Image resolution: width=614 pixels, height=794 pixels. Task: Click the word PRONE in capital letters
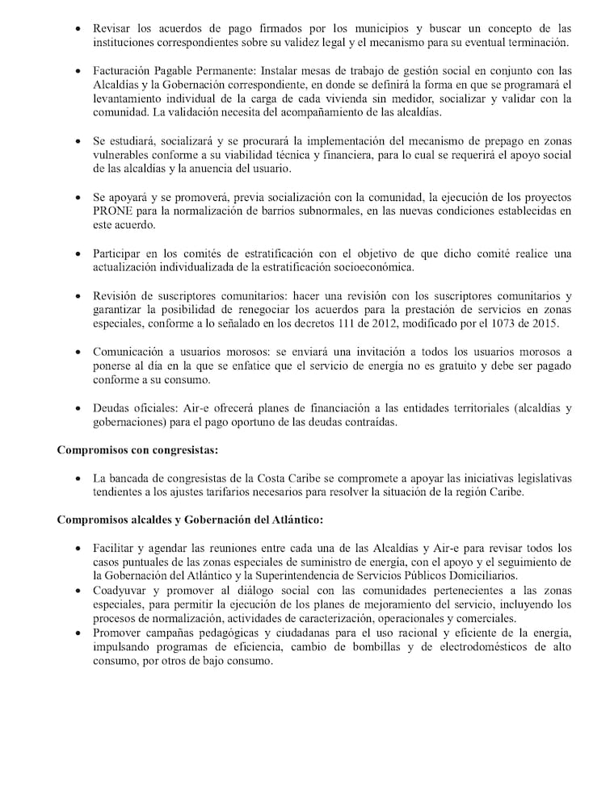point(111,211)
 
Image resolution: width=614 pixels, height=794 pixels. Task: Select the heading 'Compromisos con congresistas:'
point(138,449)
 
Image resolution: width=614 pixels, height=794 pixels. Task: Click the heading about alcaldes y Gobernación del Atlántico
point(189,519)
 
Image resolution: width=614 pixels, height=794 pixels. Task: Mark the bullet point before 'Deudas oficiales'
point(77,409)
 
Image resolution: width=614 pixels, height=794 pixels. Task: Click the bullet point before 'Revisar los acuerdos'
point(77,27)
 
